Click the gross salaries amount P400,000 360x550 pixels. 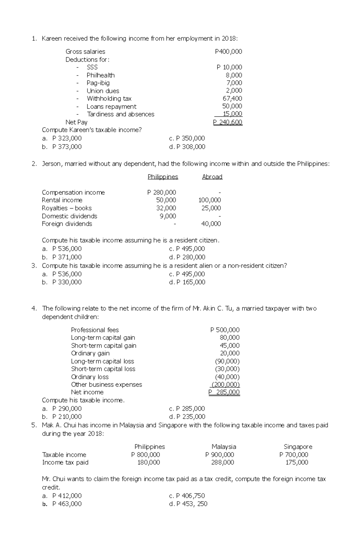[x=228, y=52]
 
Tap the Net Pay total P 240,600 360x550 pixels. [x=228, y=122]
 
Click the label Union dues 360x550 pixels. [x=103, y=91]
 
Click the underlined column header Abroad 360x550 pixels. [x=212, y=177]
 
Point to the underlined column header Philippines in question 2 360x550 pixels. [x=163, y=177]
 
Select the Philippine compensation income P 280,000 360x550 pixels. [x=161, y=192]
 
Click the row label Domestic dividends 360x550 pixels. [x=70, y=216]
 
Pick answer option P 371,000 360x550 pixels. [x=67, y=257]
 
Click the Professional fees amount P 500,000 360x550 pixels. [x=225, y=330]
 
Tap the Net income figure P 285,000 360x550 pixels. [x=224, y=392]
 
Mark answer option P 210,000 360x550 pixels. [x=67, y=417]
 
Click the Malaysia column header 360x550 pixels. [x=224, y=447]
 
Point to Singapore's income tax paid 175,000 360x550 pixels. [x=297, y=462]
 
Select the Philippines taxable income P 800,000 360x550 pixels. [x=145, y=455]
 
